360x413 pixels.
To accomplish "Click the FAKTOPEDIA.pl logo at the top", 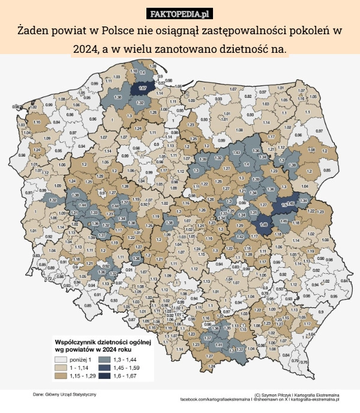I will point(180,13).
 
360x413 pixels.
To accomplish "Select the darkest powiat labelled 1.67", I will point(143,88).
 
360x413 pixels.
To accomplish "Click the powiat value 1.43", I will point(236,152).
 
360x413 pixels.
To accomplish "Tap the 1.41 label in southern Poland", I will point(219,345).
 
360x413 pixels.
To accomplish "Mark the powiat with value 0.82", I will point(248,95).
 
